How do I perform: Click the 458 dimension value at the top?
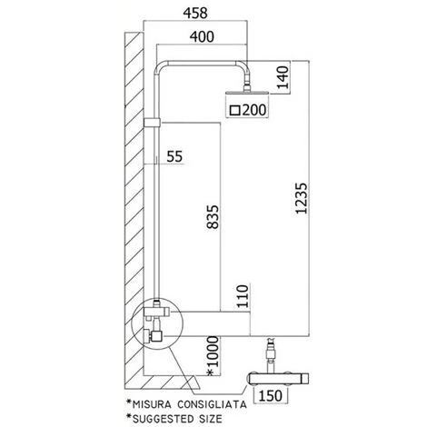coord(195,14)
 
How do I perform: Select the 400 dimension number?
coord(202,36)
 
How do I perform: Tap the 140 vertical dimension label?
coord(283,77)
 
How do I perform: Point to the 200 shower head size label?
coord(254,110)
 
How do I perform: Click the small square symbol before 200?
coord(235,111)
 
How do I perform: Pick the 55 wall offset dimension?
coord(175,156)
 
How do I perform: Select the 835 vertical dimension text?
coord(212,217)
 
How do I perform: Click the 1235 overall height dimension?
coord(302,198)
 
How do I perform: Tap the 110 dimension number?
coord(243,296)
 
